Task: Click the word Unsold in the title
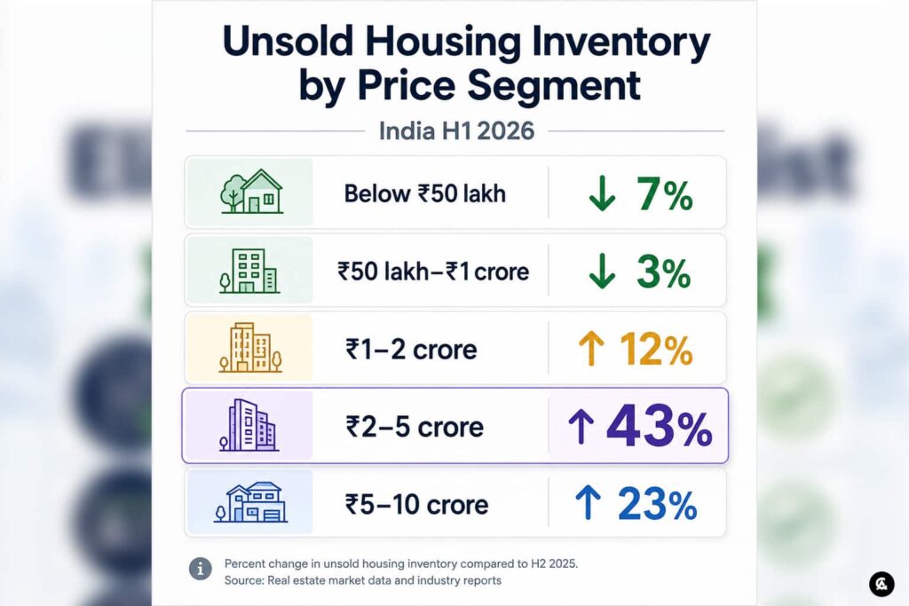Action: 289,42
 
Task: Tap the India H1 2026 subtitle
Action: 456,131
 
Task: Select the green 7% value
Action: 664,194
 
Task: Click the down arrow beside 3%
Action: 602,272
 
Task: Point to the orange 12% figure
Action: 656,350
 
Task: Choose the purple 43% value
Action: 660,427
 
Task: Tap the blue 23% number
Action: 657,504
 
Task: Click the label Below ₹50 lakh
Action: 425,193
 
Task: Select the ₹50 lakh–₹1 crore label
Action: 433,272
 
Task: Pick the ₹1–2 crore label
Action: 411,350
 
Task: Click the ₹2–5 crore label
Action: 415,427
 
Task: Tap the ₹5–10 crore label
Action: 417,504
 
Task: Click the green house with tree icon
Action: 251,191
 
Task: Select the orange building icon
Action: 250,347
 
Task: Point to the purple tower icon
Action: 249,425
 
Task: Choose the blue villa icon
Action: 250,502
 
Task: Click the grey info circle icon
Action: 201,569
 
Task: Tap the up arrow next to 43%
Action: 581,427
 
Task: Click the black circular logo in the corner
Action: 881,584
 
